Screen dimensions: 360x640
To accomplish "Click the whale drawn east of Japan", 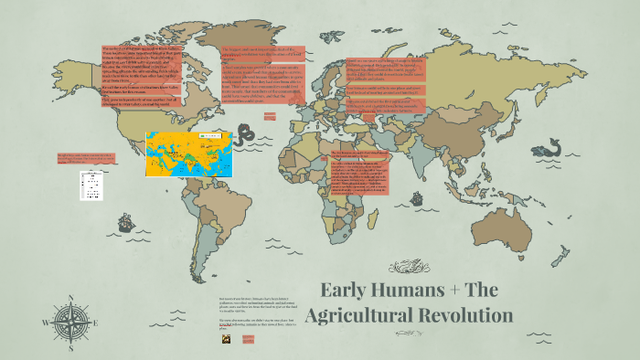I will (552, 146).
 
